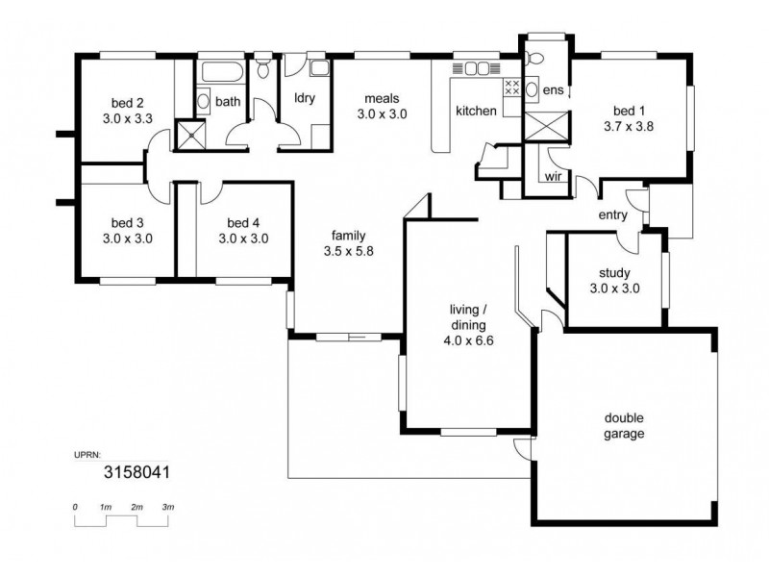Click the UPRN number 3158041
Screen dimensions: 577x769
point(136,472)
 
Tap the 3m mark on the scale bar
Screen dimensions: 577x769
point(168,506)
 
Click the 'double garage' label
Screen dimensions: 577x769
point(624,426)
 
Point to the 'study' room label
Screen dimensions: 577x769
point(614,272)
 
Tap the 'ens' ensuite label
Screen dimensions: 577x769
point(552,89)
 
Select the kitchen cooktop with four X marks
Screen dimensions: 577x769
point(512,88)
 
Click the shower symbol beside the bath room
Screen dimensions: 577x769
point(190,135)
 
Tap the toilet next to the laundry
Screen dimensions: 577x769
point(263,70)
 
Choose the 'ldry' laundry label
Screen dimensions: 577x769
point(306,98)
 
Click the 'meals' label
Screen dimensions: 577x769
point(382,98)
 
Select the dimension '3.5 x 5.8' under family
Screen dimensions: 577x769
point(347,251)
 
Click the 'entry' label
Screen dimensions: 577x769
point(613,214)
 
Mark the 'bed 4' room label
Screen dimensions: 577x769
point(242,221)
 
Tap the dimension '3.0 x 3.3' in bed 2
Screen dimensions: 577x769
point(127,119)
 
